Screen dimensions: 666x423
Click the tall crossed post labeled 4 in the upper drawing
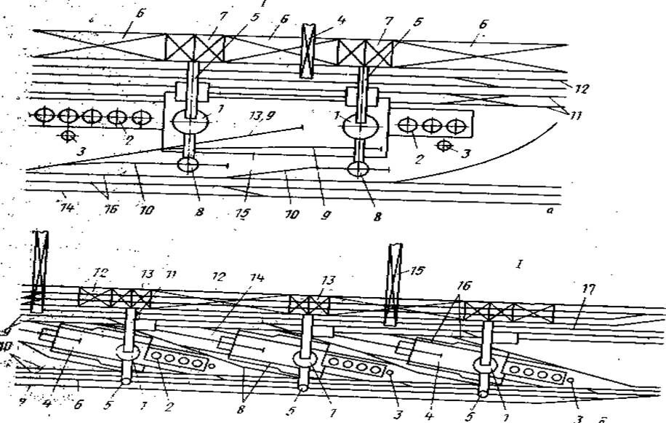[308, 50]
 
